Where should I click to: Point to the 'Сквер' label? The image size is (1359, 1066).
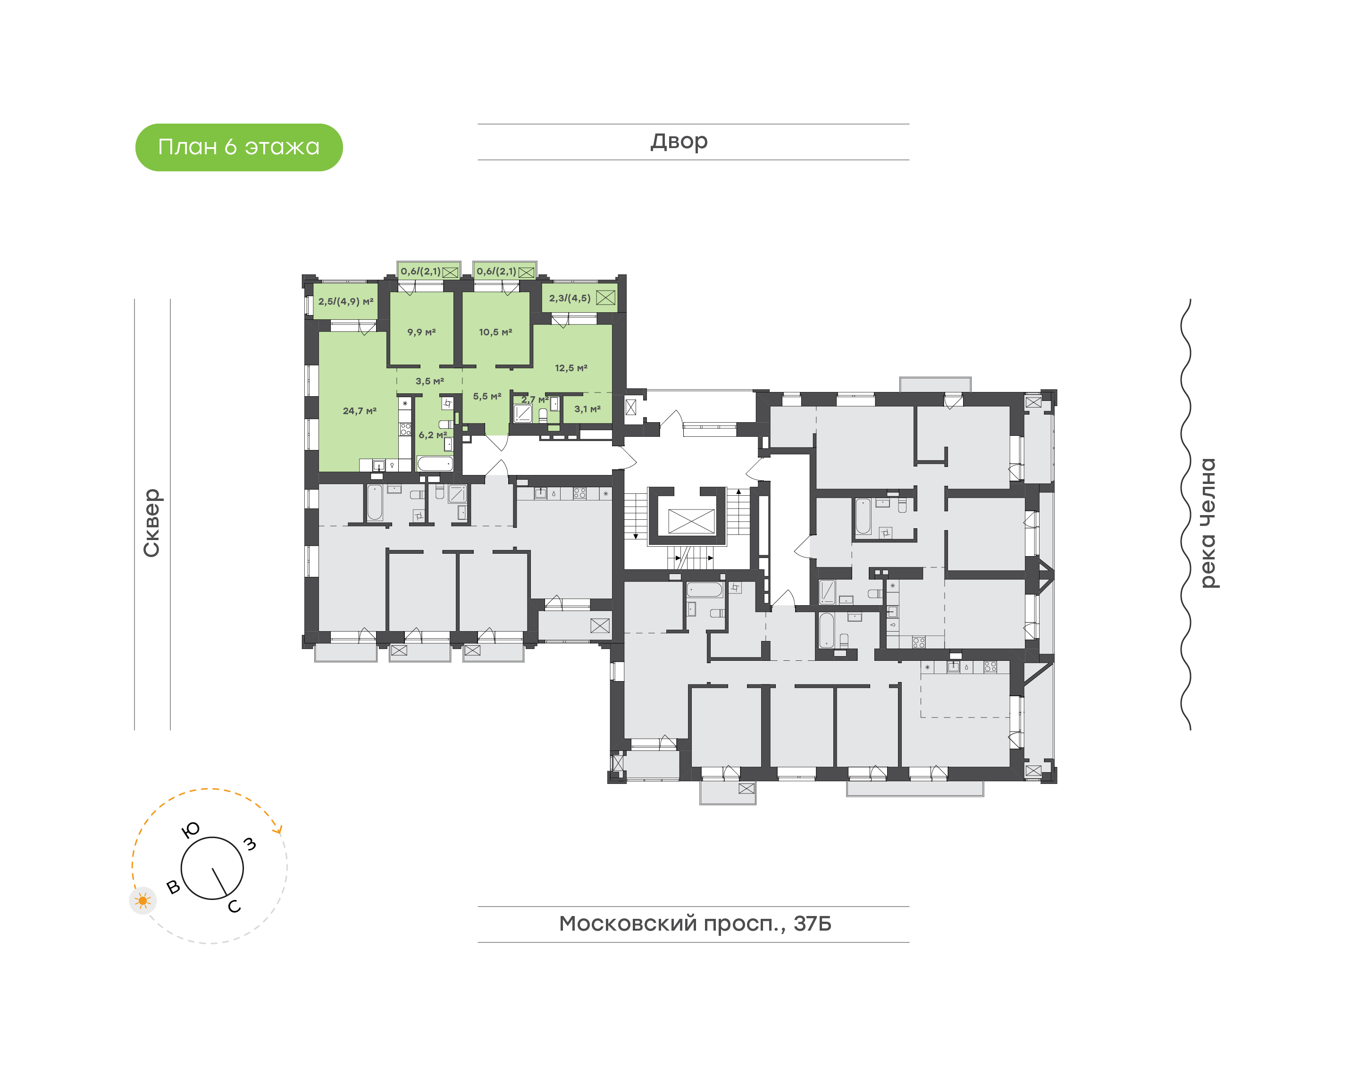coord(151,523)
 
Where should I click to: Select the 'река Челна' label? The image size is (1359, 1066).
coord(1208,523)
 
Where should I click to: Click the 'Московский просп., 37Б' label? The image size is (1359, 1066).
coord(695,923)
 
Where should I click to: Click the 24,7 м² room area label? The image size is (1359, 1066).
coord(360,411)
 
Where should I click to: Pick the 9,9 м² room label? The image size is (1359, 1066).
coord(421,332)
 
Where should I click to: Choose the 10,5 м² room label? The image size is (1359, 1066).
coord(495,332)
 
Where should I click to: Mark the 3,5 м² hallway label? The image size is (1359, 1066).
coord(430,381)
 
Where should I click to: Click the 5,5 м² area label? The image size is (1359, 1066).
coord(487,396)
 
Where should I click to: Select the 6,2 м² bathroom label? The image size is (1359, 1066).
coord(433,435)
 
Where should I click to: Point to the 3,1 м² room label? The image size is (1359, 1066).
coord(587,409)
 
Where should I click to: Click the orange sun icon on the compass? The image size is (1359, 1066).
coord(143,900)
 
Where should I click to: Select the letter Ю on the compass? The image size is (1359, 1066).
coord(190,830)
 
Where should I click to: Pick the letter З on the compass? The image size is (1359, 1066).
coord(250,844)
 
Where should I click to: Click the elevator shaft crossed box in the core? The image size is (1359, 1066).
coord(691,521)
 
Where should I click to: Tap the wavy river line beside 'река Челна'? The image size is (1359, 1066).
coord(1185,514)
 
